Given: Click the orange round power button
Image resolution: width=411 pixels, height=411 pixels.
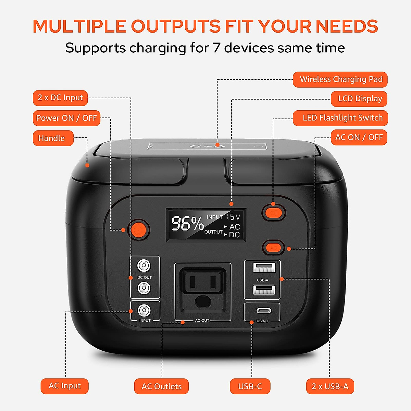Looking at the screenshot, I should (x=139, y=229).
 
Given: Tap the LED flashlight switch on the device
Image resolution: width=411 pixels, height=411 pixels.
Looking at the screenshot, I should (x=274, y=213).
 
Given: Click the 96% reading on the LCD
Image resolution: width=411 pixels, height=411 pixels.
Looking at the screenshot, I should (x=187, y=224).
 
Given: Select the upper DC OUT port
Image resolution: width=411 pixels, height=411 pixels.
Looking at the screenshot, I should (x=144, y=265).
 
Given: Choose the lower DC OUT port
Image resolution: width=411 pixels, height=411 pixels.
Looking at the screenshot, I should (x=144, y=288).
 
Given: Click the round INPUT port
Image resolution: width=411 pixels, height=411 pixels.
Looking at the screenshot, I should (x=144, y=311).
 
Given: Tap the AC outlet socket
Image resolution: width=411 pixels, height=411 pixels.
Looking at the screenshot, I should (x=203, y=287).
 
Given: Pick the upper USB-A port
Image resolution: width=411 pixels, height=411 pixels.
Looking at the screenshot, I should (x=264, y=267).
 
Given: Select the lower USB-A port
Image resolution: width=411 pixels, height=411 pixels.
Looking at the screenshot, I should (x=264, y=290).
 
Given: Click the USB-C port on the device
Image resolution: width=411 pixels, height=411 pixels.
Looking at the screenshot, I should (x=263, y=311).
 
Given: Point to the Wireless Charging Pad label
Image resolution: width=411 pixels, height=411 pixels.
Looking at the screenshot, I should (x=340, y=79).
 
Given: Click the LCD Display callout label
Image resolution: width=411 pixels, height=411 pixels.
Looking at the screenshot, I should (x=359, y=99).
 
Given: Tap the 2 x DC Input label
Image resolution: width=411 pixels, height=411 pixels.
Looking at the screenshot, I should (x=60, y=98).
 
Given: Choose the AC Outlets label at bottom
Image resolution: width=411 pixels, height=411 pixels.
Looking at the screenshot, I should (x=161, y=386).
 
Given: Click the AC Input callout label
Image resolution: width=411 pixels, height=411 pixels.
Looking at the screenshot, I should (x=64, y=386).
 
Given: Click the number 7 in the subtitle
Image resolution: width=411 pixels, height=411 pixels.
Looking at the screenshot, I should (x=216, y=48).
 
